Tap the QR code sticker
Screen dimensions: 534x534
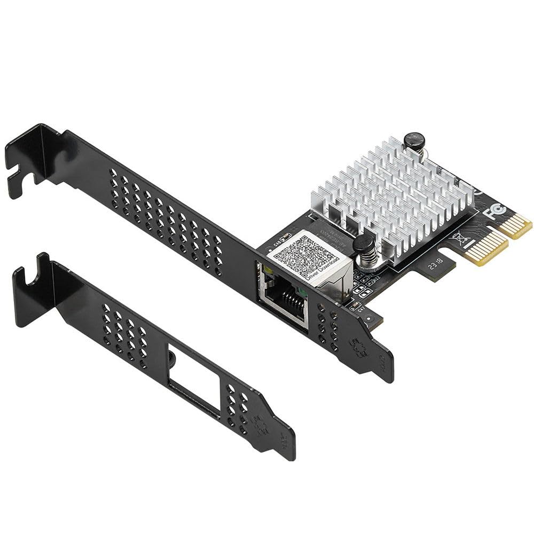pos(301,256)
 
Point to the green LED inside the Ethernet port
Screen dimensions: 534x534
pos(303,292)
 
